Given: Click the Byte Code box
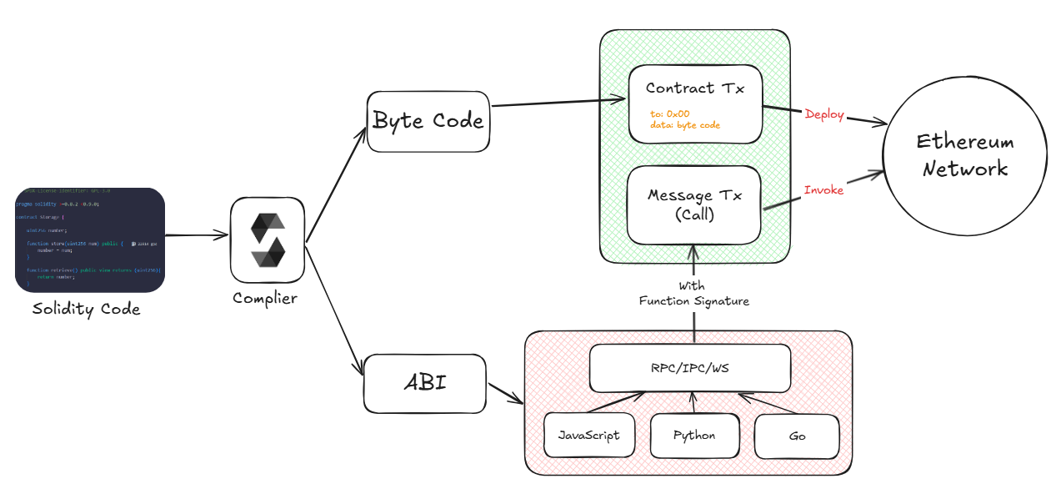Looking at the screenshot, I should point(428,121).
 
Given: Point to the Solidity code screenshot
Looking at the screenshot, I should point(90,240).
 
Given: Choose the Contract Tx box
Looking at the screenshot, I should point(695,103).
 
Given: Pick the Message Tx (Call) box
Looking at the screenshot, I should point(693,204).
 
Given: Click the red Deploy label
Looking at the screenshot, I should point(824,114).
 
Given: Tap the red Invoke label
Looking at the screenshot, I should point(823,190).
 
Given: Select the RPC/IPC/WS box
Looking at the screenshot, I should point(689,368).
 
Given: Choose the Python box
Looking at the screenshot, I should point(694,435).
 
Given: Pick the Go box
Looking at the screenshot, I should point(796,436).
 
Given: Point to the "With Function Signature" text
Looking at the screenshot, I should point(693,294).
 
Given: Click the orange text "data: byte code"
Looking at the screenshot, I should point(685,125).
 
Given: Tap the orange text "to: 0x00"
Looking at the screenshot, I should point(669,113).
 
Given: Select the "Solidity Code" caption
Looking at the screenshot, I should point(87,310).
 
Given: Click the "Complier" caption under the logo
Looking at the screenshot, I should point(265,298).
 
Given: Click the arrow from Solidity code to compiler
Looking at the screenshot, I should point(197,236).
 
